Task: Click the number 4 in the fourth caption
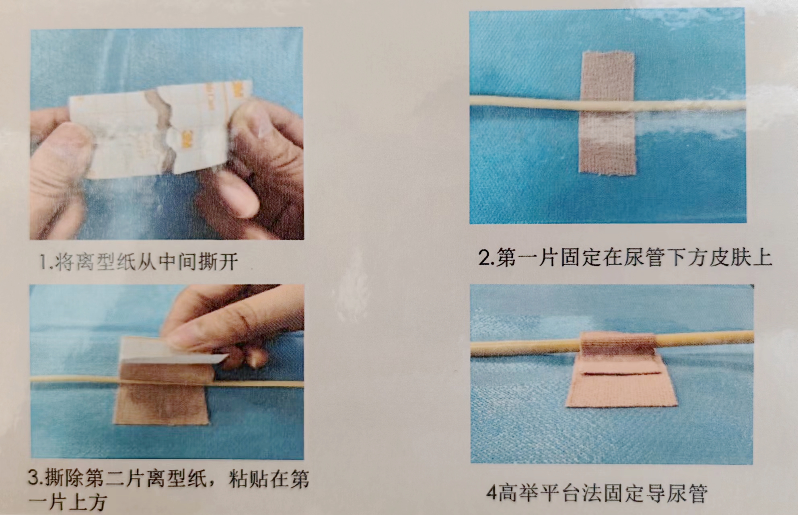(491, 493)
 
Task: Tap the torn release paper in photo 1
(161, 129)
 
